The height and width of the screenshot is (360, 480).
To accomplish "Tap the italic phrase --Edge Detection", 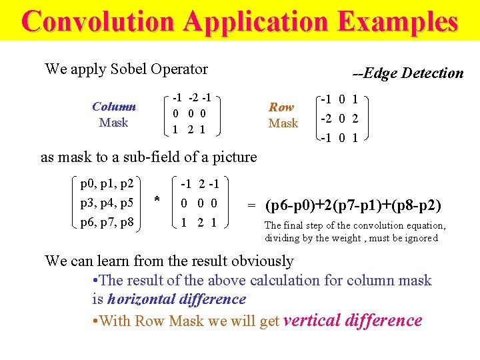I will (x=407, y=73).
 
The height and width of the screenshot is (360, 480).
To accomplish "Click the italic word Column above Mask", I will (x=114, y=107).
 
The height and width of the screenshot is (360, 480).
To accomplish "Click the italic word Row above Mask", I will (x=281, y=107).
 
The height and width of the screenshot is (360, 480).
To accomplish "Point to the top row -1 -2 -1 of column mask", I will (x=192, y=97).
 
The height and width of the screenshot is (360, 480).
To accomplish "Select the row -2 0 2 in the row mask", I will (x=339, y=119).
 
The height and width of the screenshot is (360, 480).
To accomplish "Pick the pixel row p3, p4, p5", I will (x=107, y=203).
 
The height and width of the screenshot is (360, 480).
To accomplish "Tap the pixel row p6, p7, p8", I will (x=107, y=222).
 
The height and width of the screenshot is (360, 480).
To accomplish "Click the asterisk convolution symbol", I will (x=157, y=200).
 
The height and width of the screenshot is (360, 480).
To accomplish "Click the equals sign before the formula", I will (x=252, y=206).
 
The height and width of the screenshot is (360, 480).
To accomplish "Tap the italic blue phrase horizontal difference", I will (x=177, y=299).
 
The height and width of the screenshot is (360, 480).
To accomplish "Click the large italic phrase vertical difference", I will (x=353, y=321).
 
